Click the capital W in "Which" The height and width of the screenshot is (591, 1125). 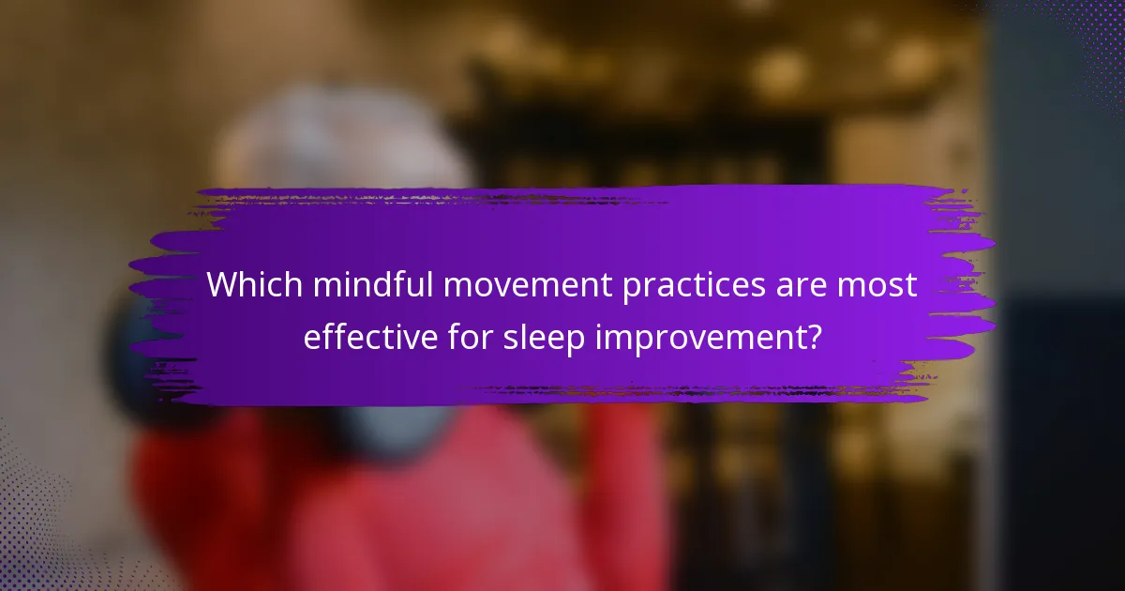coord(222,285)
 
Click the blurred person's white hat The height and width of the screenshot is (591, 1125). coord(337,141)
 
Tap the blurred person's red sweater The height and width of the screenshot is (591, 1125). coord(394,507)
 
